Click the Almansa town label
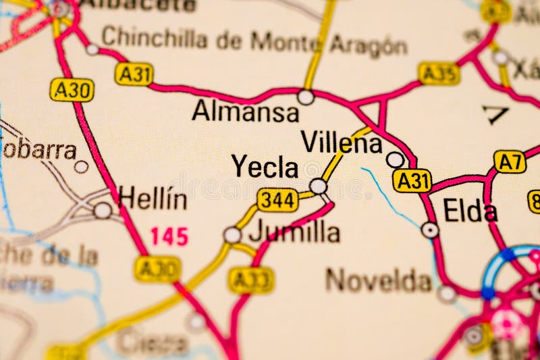pyautogui.click(x=245, y=111)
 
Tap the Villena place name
pyautogui.click(x=342, y=143)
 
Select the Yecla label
pyautogui.click(x=265, y=166)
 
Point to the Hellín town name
pyautogui.click(x=153, y=199)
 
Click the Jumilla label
pyautogui.click(x=294, y=232)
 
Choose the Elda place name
pyautogui.click(x=470, y=211)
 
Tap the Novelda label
pyautogui.click(x=379, y=280)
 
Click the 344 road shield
pyautogui.click(x=277, y=199)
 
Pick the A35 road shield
pyautogui.click(x=439, y=73)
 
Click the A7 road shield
pyautogui.click(x=510, y=161)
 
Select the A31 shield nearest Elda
pyautogui.click(x=412, y=180)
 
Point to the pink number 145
pyautogui.click(x=169, y=236)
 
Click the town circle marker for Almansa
pyautogui.click(x=306, y=97)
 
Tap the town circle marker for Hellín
pyautogui.click(x=103, y=211)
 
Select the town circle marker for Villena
pyautogui.click(x=395, y=160)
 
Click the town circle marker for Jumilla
pyautogui.click(x=232, y=235)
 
